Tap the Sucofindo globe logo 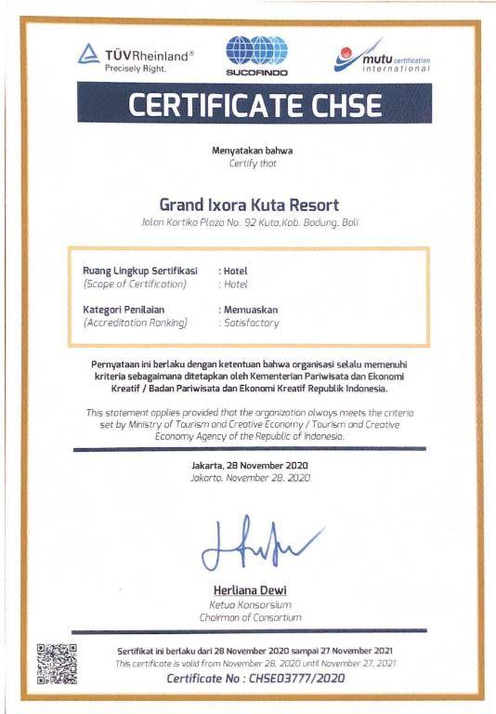[257, 54]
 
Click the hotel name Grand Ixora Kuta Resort [249, 204]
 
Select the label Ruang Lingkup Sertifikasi [140, 270]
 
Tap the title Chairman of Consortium [250, 616]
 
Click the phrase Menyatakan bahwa [247, 151]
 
